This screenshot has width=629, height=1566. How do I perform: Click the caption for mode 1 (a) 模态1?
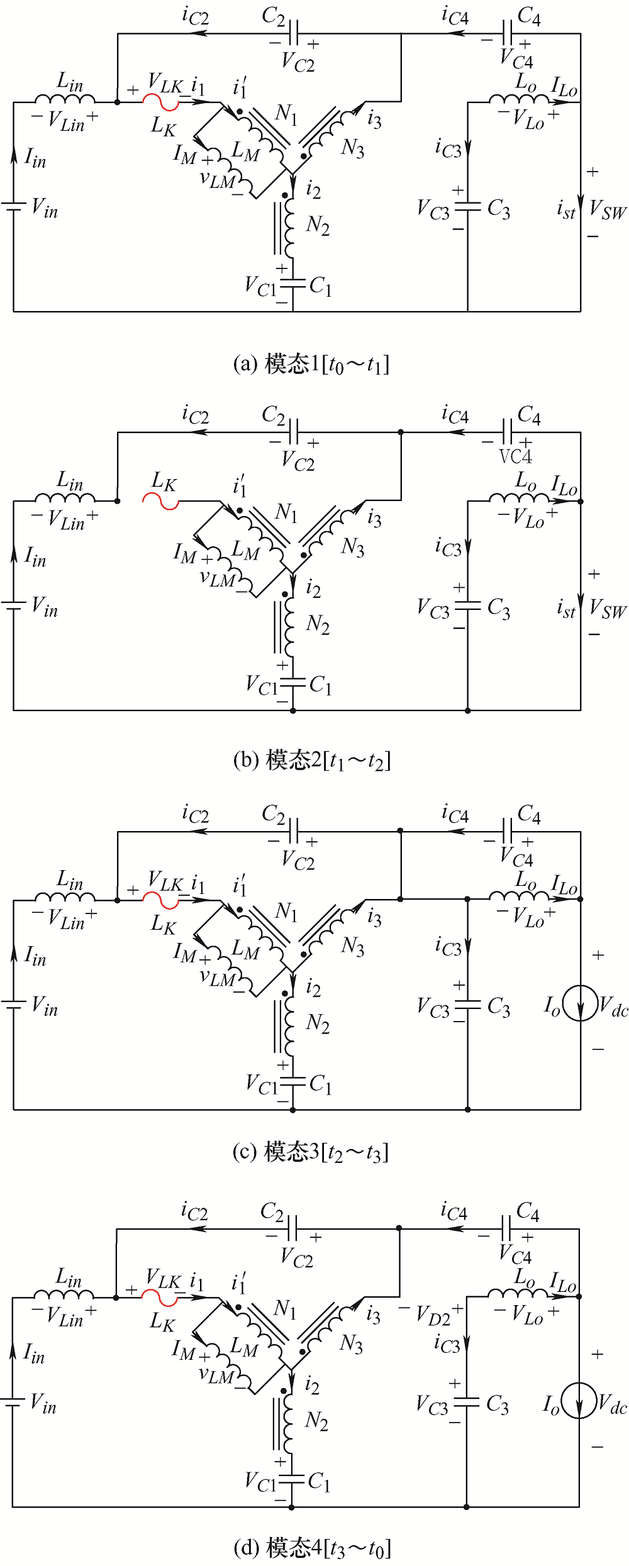point(311,364)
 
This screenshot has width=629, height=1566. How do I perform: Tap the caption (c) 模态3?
point(311,1152)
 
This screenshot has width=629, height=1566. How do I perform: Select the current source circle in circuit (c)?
point(580,1003)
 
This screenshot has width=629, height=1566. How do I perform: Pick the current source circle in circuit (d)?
point(579,1401)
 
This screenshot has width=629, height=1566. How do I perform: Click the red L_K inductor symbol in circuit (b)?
point(161,502)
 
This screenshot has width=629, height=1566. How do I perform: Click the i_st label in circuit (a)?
point(566,209)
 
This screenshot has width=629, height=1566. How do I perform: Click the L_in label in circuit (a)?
point(70,82)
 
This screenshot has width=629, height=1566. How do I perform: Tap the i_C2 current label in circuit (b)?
point(195,415)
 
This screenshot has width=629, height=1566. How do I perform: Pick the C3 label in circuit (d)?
point(498,1404)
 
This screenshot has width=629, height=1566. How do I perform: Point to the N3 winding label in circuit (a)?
point(353,148)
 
